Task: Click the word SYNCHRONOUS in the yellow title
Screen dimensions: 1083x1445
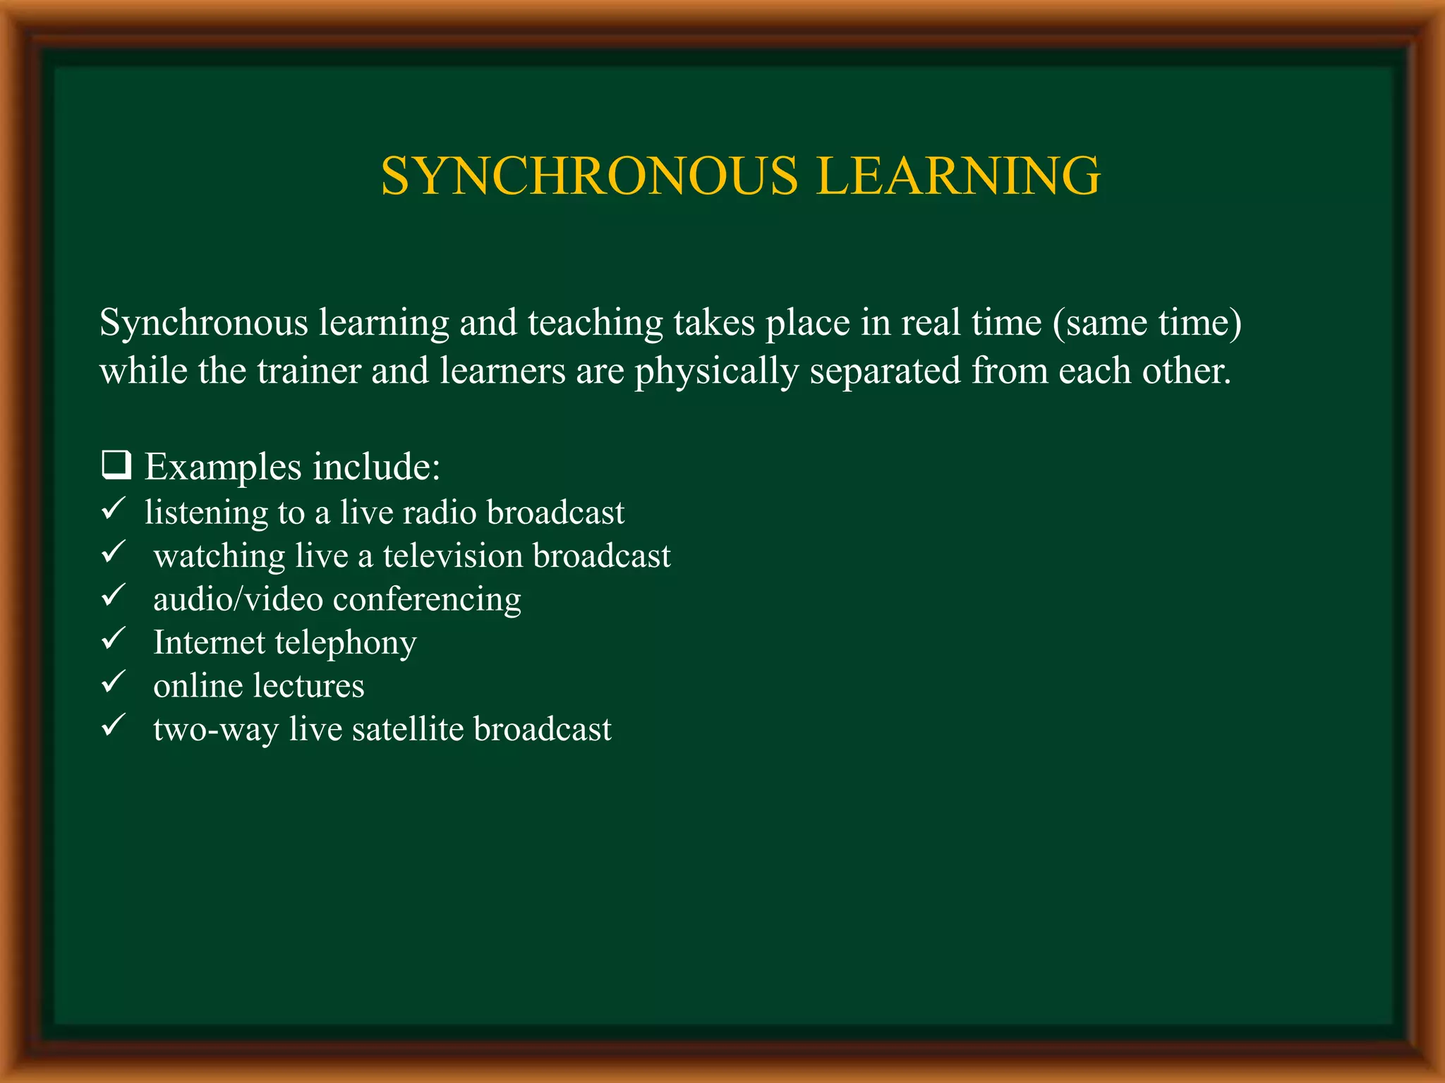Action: tap(589, 176)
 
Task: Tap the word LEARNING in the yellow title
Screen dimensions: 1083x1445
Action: tap(959, 176)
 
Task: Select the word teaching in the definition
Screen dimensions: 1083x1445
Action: tap(595, 324)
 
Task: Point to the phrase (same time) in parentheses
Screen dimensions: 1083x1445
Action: tap(1147, 324)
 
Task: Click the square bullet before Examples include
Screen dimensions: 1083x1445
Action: tap(116, 466)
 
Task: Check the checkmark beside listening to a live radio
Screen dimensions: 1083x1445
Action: tap(114, 508)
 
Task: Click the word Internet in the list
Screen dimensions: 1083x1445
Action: tap(209, 642)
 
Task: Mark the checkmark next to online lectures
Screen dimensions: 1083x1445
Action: tap(114, 683)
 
